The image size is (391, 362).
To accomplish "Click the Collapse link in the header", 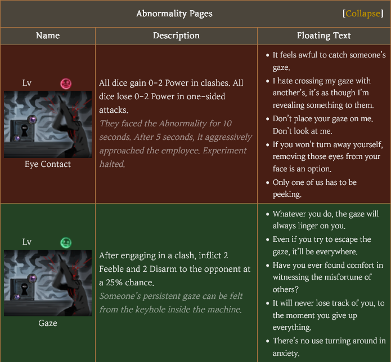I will click(x=362, y=14).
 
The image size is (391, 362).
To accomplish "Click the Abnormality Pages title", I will click(x=174, y=14).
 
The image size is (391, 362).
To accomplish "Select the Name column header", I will click(x=48, y=36).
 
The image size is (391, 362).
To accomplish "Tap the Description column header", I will click(x=176, y=36).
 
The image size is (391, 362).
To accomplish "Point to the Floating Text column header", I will click(x=324, y=36).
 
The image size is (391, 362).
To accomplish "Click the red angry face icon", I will click(x=66, y=84).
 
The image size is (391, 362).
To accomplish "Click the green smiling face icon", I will click(x=66, y=242).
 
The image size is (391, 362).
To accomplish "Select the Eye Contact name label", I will click(x=48, y=164).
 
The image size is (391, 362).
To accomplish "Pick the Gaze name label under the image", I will click(x=48, y=323).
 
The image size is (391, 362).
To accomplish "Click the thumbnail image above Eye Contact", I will click(x=48, y=124).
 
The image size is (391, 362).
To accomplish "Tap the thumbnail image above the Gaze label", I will click(x=48, y=283).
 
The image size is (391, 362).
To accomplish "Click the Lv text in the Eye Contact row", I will click(x=27, y=83).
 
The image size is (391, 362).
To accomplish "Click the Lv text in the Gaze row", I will click(x=27, y=242).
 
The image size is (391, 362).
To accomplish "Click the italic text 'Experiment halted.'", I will click(x=112, y=164).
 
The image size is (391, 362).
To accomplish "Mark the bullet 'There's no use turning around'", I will click(x=329, y=346).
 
